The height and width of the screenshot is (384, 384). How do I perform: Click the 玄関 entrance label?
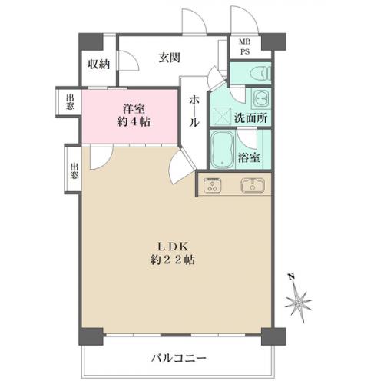[x=169, y=58]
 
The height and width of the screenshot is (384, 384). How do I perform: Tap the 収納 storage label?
[x=99, y=64]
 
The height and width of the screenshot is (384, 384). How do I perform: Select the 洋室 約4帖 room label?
[x=134, y=115]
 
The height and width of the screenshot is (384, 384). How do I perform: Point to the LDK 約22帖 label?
[x=173, y=253]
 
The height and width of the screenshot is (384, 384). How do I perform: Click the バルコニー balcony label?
[x=178, y=358]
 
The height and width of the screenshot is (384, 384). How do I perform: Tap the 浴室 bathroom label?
[x=249, y=157]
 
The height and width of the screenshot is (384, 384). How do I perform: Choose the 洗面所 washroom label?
[x=251, y=118]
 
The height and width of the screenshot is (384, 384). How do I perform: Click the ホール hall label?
[x=194, y=111]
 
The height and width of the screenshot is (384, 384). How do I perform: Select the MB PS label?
[x=245, y=47]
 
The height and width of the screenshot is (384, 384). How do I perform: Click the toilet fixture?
[x=261, y=73]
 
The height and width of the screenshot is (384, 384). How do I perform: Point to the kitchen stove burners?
[x=213, y=185]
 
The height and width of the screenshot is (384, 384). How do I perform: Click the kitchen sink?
[x=253, y=185]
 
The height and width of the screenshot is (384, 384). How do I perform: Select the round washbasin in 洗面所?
[x=261, y=98]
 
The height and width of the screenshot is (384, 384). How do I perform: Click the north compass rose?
[x=299, y=303]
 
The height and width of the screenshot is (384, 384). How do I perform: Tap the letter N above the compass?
[x=291, y=276]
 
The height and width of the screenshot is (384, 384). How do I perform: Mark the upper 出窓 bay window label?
[x=70, y=102]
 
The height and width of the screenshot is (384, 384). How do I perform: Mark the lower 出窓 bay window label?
[x=74, y=171]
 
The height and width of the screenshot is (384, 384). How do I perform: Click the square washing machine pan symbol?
[x=221, y=116]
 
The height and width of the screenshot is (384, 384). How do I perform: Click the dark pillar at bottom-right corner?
[x=273, y=336]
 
